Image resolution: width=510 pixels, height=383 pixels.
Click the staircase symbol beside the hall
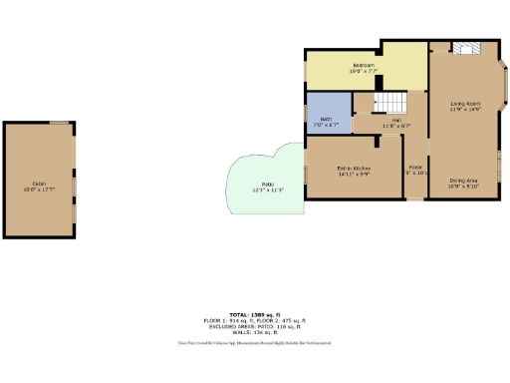(390, 102)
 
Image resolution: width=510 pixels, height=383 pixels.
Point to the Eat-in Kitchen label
(353, 168)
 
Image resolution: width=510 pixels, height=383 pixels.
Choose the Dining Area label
(464, 180)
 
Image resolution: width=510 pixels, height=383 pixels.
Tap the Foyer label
(415, 167)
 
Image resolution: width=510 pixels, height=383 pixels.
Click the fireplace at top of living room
(466, 47)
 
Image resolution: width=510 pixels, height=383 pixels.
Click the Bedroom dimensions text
(361, 71)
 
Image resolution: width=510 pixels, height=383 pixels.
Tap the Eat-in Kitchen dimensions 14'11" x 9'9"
(353, 174)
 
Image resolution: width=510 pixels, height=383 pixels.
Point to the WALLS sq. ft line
(255, 330)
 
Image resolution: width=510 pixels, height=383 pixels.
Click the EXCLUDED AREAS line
(255, 325)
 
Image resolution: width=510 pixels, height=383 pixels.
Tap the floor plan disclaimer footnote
(255, 342)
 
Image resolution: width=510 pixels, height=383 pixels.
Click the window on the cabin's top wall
(59, 123)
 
